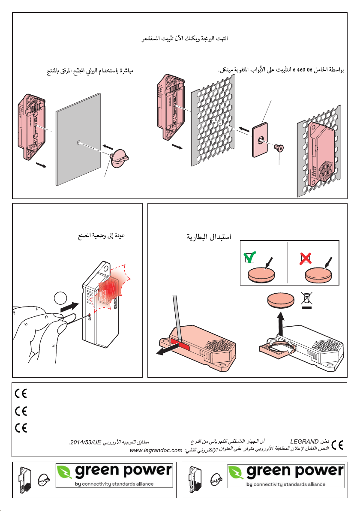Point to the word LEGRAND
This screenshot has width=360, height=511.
[x=304, y=441]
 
